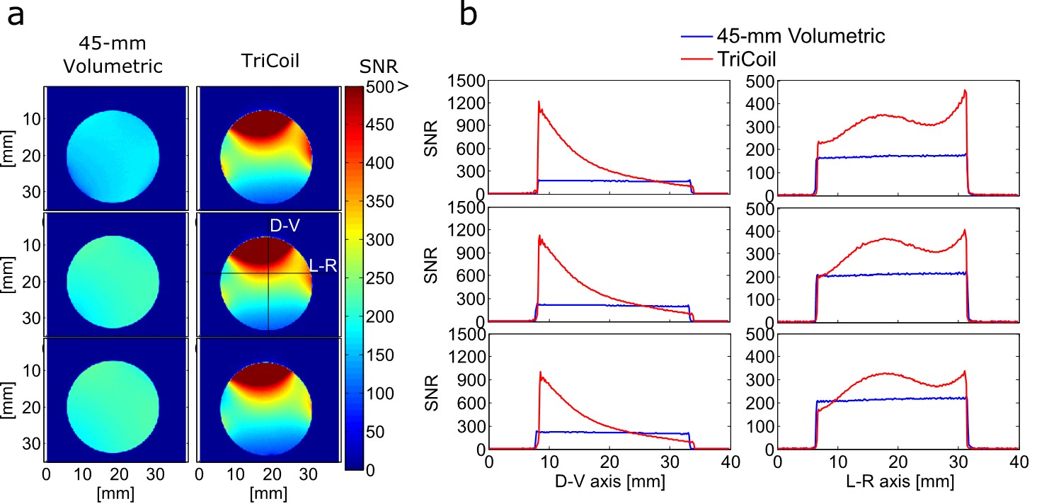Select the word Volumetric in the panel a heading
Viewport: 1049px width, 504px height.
[113, 68]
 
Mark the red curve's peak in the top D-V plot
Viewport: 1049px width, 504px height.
[539, 102]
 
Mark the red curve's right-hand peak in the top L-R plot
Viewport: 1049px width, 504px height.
[965, 91]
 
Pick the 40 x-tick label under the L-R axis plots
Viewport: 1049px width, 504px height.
[1018, 462]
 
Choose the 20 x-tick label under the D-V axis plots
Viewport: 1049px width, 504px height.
[609, 462]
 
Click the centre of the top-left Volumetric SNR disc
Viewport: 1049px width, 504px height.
[113, 156]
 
